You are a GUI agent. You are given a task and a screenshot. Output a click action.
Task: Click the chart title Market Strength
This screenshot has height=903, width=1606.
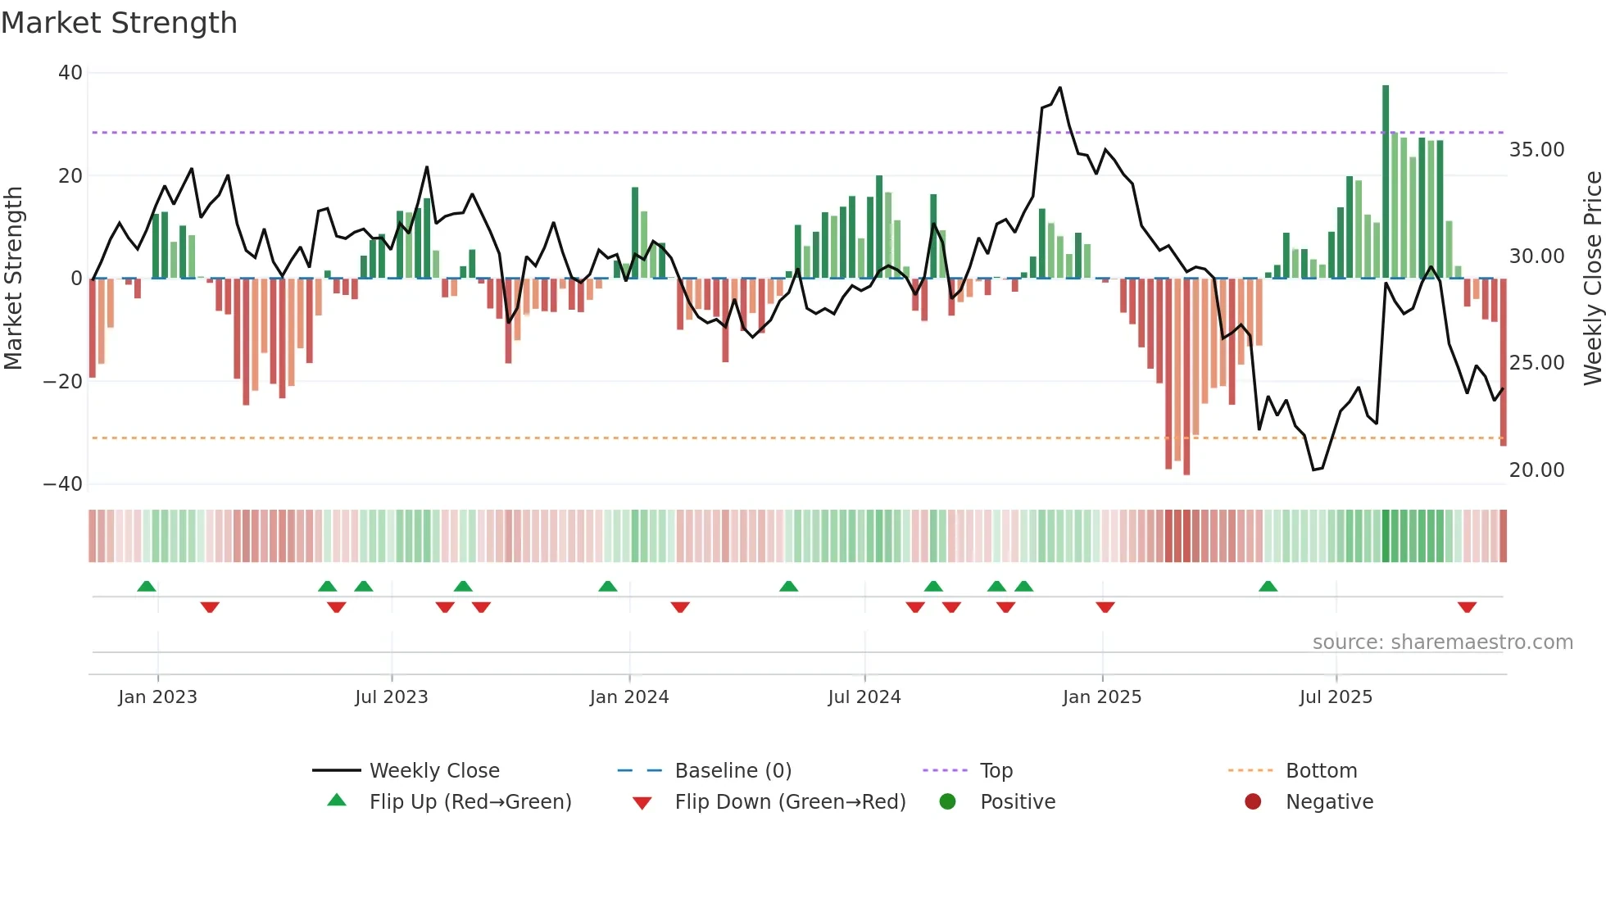(x=119, y=23)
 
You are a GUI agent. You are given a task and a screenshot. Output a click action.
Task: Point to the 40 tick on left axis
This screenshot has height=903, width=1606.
(x=70, y=73)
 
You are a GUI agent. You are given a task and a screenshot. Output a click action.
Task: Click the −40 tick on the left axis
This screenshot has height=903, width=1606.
(x=63, y=484)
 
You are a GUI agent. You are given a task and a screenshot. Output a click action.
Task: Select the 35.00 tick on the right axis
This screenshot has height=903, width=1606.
(x=1536, y=150)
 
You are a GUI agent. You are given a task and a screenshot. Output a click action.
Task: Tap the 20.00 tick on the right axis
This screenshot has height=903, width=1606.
(x=1536, y=470)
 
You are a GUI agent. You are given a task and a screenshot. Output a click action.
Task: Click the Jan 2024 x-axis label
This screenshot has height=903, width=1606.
(x=628, y=697)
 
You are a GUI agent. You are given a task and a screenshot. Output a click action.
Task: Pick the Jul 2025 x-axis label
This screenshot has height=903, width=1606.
(x=1335, y=697)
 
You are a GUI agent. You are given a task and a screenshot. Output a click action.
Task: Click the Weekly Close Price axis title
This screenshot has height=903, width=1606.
(x=1592, y=279)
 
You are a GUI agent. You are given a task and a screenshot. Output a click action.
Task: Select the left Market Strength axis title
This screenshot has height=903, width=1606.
(x=14, y=279)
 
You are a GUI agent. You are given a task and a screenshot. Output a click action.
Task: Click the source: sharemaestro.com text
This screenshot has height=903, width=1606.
(x=1442, y=642)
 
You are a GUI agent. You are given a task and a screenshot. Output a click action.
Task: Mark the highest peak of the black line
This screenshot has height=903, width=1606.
(x=1059, y=88)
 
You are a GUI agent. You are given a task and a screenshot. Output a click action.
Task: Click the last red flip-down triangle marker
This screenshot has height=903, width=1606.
(x=1467, y=607)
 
